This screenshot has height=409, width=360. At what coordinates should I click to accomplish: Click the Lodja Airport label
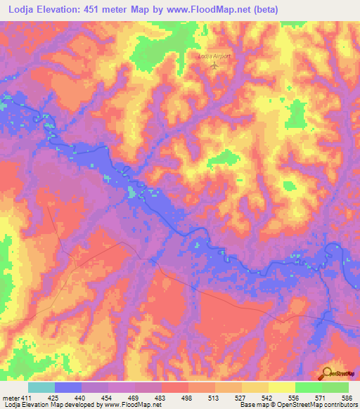[213, 56]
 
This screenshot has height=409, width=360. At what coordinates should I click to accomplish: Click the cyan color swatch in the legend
[41, 387]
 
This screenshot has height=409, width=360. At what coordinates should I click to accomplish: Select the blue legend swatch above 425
[68, 387]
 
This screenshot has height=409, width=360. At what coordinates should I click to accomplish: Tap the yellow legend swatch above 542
[281, 387]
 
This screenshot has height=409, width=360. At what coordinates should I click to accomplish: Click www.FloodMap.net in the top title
[209, 10]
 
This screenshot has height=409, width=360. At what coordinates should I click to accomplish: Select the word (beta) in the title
[264, 10]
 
